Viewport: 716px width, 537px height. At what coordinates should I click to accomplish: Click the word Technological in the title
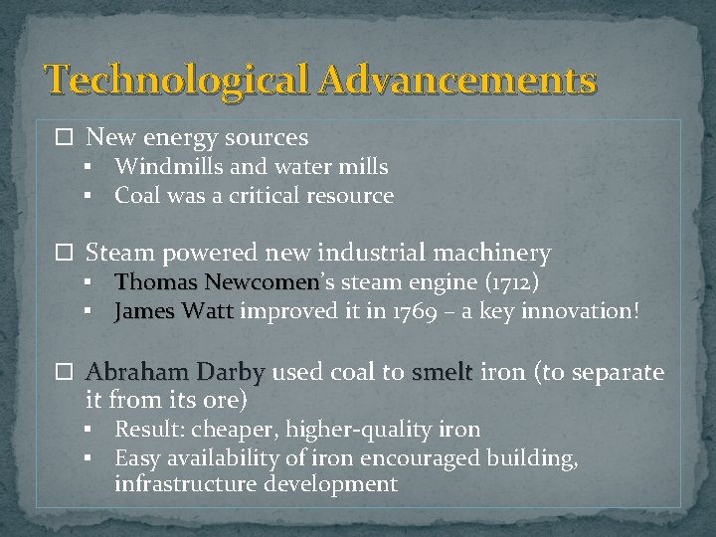178,79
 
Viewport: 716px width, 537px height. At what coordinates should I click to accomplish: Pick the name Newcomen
262,283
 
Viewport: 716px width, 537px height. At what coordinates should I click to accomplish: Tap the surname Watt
208,312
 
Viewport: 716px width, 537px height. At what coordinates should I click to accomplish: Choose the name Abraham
134,373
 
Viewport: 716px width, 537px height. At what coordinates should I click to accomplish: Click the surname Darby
230,373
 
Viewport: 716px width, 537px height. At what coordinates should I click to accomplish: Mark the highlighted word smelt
442,373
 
